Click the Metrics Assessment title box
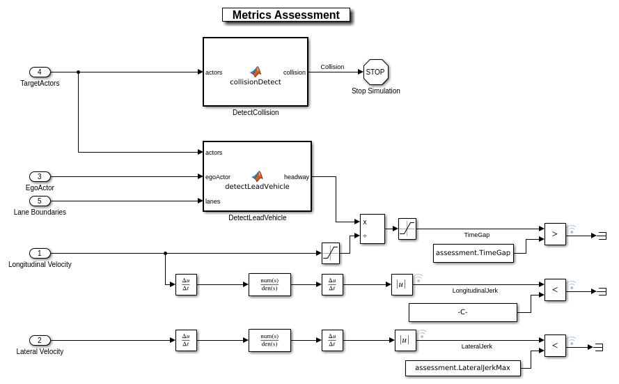click(x=285, y=15)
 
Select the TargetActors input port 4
click(x=40, y=72)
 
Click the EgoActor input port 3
click(x=40, y=176)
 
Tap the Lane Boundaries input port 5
click(x=40, y=201)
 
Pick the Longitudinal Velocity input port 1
click(x=40, y=253)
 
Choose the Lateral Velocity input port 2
click(x=40, y=340)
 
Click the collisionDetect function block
click(x=256, y=72)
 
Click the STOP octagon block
click(x=375, y=72)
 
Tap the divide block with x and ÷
click(x=372, y=229)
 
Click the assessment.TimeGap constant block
click(x=473, y=253)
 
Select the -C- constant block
click(x=462, y=312)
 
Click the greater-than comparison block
click(x=554, y=234)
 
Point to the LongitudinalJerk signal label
click(x=475, y=290)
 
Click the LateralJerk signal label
click(x=476, y=346)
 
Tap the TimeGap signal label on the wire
click(x=476, y=235)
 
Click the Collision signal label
click(x=332, y=67)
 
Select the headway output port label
click(x=297, y=177)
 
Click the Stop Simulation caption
click(x=375, y=91)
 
